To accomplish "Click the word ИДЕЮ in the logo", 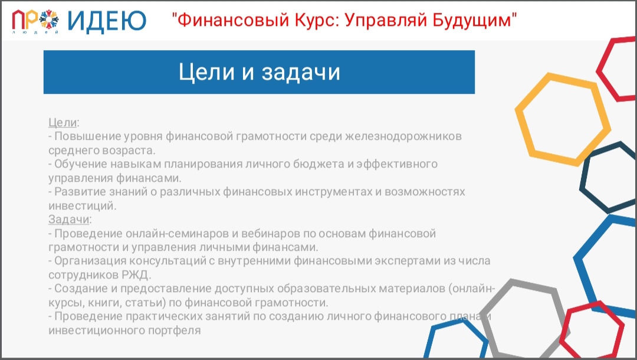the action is [x=107, y=21].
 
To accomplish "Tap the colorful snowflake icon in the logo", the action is [x=49, y=19].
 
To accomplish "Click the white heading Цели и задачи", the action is [x=259, y=72].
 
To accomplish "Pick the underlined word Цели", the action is [x=63, y=122].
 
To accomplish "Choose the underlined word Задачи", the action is [x=68, y=220].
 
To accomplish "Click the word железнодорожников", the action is [x=403, y=136].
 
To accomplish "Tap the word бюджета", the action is [x=320, y=164].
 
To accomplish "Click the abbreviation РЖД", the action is [x=135, y=275].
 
